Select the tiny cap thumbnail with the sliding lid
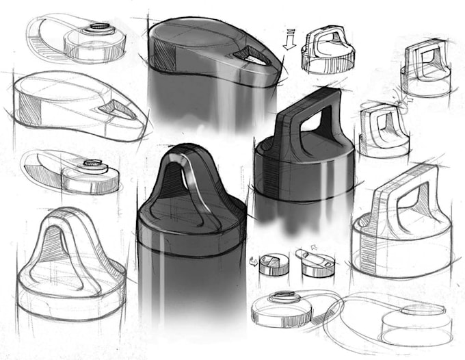315,263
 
